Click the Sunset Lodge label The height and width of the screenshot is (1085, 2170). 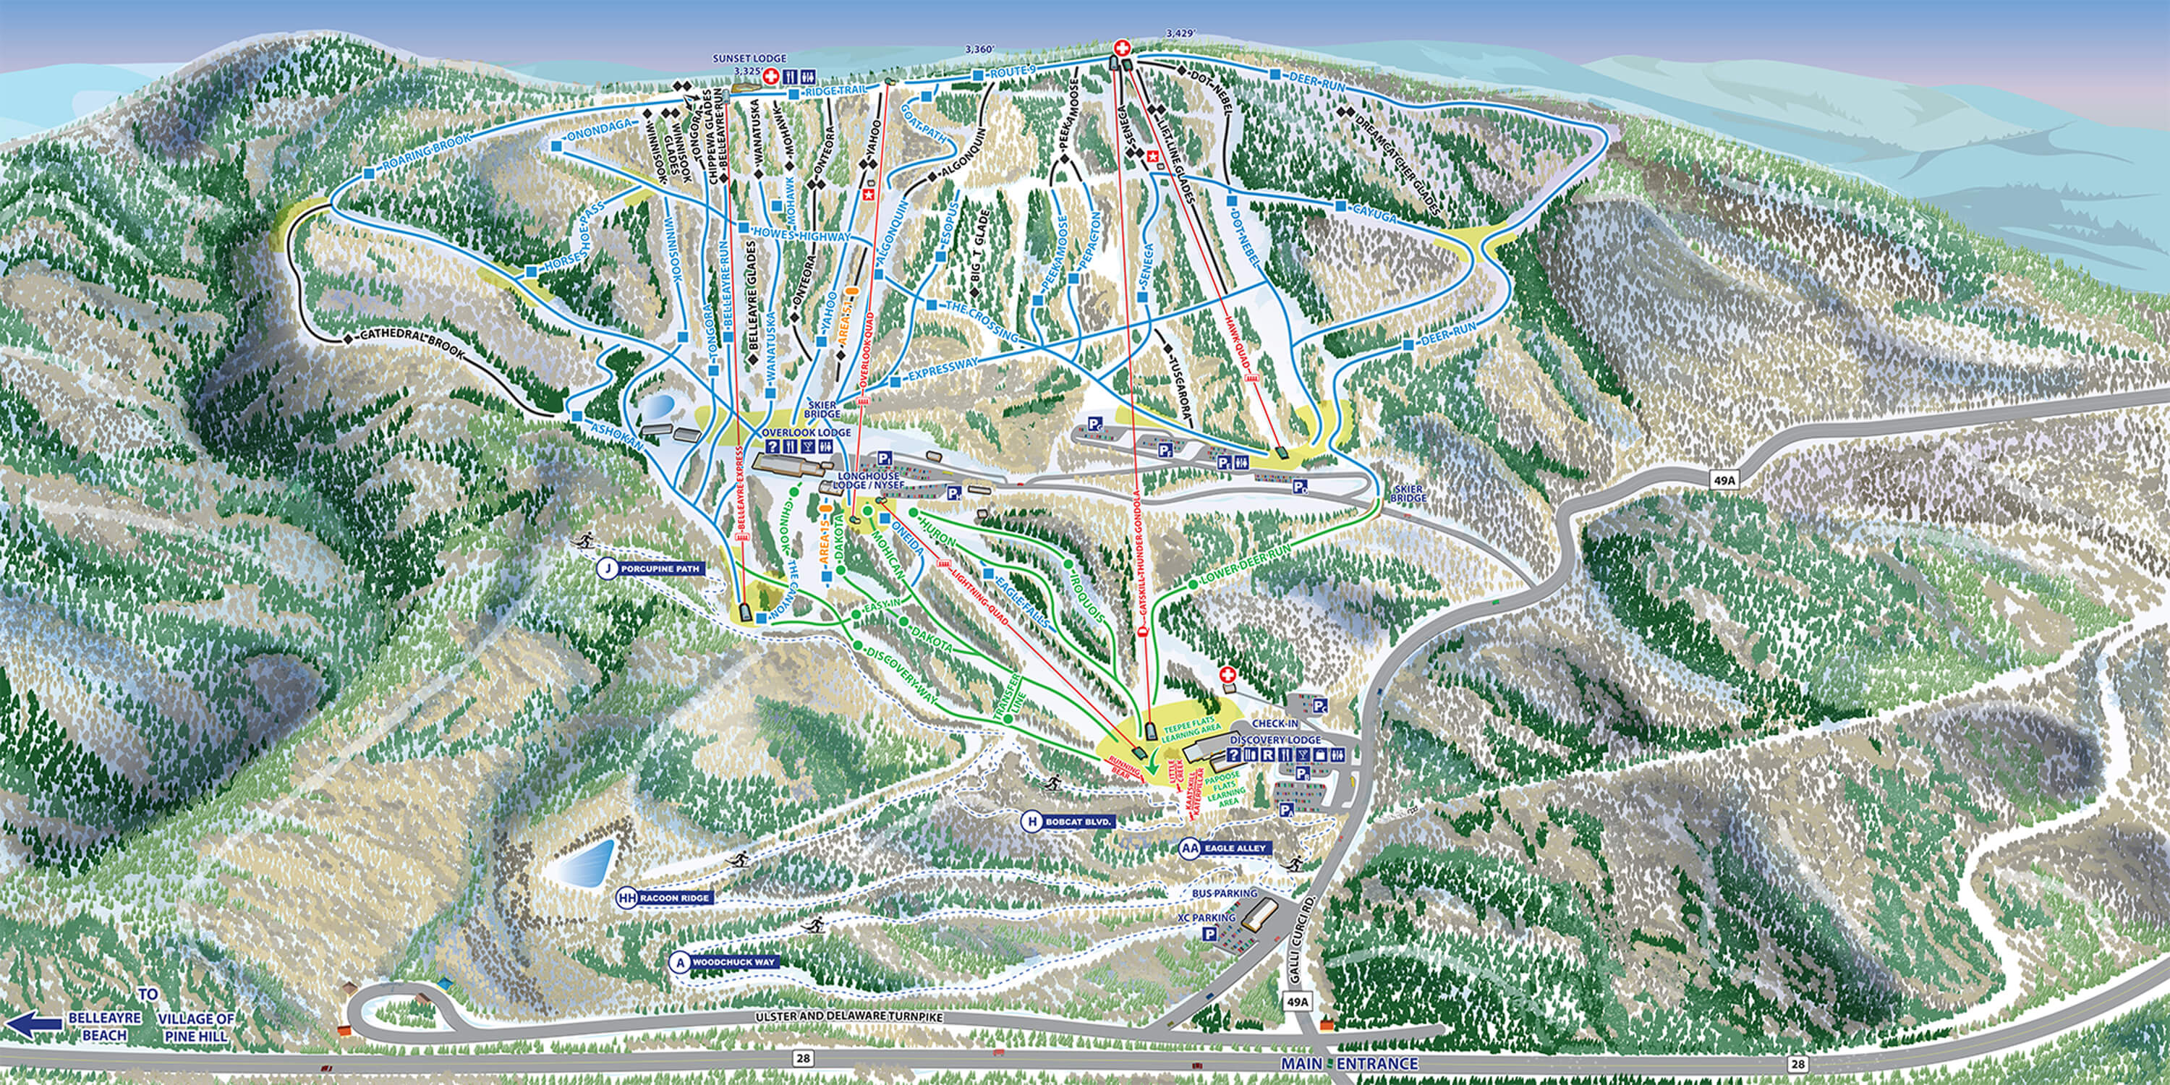point(749,59)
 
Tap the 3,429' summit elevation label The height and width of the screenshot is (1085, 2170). point(1180,34)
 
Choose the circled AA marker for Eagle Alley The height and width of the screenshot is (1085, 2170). point(1189,848)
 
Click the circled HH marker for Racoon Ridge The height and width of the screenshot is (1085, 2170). point(626,898)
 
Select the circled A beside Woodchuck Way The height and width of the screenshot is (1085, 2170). point(679,962)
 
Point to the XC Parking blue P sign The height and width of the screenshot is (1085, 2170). point(1209,933)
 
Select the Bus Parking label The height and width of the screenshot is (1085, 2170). point(1224,893)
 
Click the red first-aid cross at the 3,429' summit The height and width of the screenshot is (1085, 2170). point(1122,48)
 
